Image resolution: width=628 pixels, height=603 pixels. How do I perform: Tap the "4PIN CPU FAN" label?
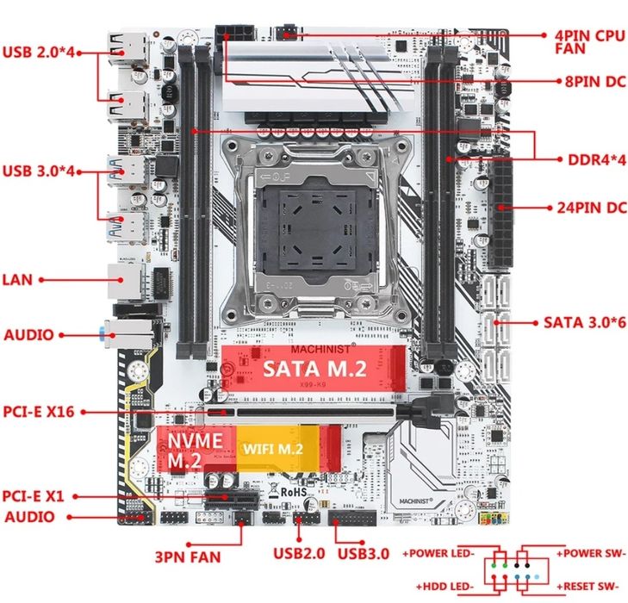tap(588, 40)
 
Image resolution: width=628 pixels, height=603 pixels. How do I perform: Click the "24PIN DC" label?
tap(589, 208)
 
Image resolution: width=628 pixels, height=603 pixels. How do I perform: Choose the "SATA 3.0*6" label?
tap(582, 322)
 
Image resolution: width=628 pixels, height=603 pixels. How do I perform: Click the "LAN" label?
tap(17, 280)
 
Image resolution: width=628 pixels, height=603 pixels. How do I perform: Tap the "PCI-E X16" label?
tap(38, 413)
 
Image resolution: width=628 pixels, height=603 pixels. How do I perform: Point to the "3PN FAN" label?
tap(187, 556)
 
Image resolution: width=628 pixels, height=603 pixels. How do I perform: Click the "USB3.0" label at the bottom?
tap(364, 552)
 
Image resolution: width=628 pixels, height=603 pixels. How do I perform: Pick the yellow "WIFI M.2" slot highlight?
tap(272, 448)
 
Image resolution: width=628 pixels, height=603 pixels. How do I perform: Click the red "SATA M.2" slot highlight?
tap(307, 370)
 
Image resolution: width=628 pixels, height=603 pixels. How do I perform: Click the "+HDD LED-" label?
tap(445, 587)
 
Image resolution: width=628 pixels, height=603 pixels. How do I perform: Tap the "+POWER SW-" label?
tap(591, 552)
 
